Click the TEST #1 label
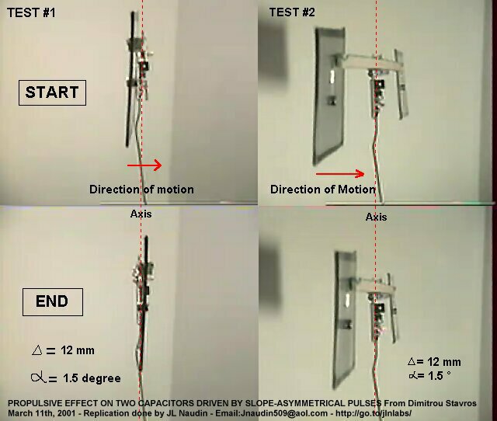(x=31, y=12)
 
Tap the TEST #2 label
(x=292, y=12)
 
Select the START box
(x=52, y=92)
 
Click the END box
(x=53, y=302)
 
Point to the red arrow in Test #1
(x=144, y=165)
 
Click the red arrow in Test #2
(x=340, y=174)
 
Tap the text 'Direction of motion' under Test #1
(x=141, y=190)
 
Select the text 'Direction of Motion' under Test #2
(x=323, y=190)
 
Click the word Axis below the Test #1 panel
(x=141, y=214)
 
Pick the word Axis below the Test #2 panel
(x=376, y=217)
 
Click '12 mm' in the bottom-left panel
(x=78, y=350)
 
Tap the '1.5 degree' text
(x=92, y=378)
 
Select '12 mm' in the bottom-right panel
(x=443, y=362)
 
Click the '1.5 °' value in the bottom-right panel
(x=440, y=376)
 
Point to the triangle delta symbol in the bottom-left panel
(x=37, y=350)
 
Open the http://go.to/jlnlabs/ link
(x=374, y=413)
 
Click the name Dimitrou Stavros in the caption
(x=442, y=404)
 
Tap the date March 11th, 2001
(x=41, y=413)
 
